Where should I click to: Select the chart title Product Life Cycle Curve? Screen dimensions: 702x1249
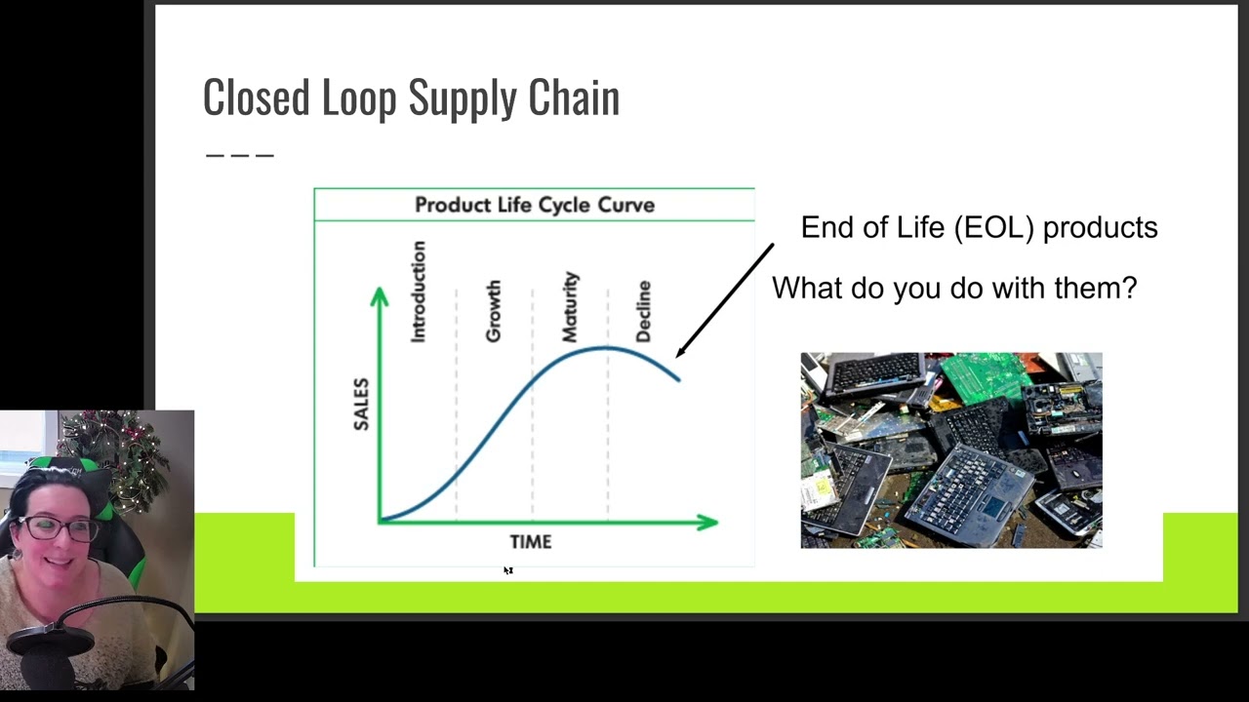tap(534, 205)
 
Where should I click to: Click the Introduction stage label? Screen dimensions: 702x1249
tap(419, 292)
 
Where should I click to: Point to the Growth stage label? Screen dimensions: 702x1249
tap(493, 311)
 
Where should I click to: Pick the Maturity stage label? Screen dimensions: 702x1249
tap(570, 306)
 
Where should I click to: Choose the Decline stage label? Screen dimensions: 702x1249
tap(643, 311)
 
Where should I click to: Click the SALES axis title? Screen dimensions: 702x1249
tap(362, 404)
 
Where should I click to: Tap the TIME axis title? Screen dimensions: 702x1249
tap(531, 542)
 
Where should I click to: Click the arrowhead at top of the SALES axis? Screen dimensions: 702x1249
tap(380, 296)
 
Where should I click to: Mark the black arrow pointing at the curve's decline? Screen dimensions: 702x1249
tap(724, 300)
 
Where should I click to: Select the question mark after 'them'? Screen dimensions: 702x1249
tap(1130, 289)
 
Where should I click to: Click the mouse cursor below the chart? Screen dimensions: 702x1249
tap(508, 570)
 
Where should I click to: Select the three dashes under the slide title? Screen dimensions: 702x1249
tap(240, 154)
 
